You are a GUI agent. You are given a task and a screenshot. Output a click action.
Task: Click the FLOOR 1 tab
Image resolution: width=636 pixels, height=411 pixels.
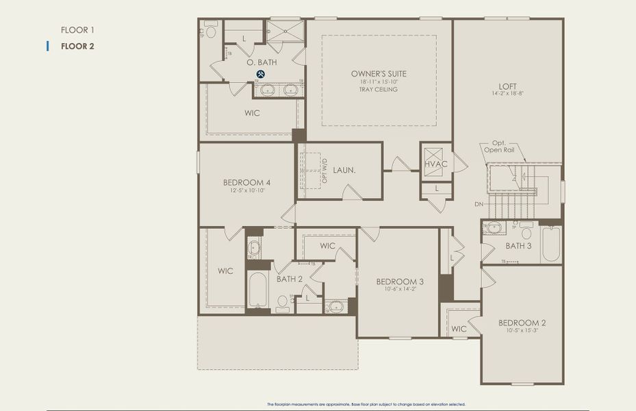point(77,29)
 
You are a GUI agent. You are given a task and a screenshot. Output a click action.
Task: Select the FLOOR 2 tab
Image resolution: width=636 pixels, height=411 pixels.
point(77,47)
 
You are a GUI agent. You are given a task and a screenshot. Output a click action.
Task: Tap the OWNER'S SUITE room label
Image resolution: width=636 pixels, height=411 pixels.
point(379,73)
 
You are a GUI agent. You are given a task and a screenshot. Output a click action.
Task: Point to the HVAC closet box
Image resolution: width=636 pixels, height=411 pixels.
point(435,164)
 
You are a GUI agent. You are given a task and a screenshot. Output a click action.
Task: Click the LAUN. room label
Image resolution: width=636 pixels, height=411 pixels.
point(344,169)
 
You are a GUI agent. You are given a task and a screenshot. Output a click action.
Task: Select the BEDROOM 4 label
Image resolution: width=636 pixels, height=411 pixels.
point(246,182)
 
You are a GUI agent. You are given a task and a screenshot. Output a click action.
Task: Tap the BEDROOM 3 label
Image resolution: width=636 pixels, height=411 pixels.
point(400,282)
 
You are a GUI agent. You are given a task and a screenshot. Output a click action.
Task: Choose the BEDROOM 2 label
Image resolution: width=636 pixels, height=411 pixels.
point(522,323)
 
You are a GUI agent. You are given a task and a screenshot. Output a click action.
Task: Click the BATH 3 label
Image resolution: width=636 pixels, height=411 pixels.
point(518,245)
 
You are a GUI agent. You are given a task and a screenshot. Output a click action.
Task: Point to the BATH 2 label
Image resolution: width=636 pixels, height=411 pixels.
point(290,279)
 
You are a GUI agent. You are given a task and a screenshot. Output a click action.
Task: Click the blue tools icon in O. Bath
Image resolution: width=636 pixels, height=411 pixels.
point(261,74)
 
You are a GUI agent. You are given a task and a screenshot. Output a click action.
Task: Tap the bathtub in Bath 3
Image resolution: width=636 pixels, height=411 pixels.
point(551,245)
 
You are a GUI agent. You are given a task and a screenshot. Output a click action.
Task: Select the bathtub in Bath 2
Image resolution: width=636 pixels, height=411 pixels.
point(257,290)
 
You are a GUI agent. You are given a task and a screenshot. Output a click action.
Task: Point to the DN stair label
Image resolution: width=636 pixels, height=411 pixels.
point(478,204)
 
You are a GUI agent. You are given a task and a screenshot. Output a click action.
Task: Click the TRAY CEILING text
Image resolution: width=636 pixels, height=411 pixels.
point(379,90)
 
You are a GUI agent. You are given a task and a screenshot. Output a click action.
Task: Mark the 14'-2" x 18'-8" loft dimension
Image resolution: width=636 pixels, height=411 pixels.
point(507,95)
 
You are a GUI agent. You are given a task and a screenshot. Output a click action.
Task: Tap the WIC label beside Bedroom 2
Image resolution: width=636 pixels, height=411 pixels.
point(459,329)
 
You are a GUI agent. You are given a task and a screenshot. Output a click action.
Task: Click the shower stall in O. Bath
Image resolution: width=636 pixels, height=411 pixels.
point(285,32)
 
